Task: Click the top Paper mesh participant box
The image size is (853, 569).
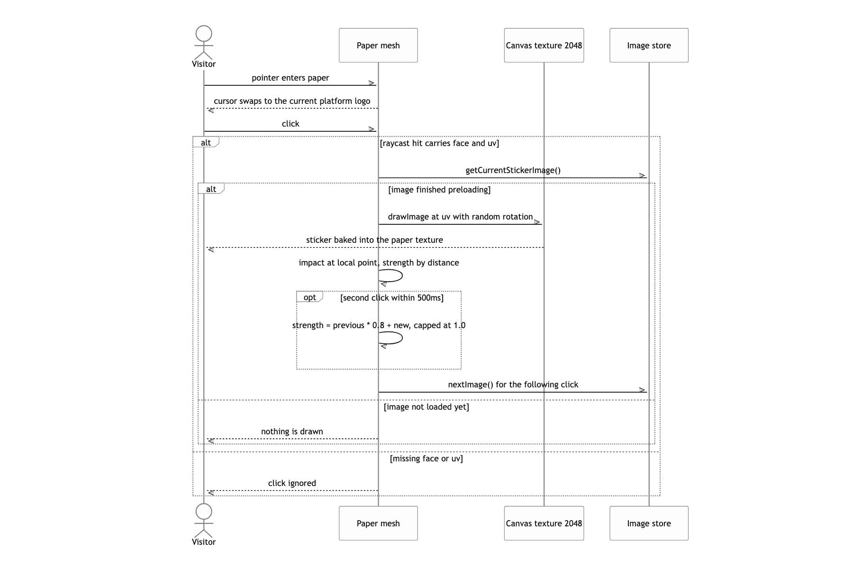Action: point(378,45)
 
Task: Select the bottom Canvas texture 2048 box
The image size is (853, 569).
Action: point(544,523)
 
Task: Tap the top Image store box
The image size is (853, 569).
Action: point(649,45)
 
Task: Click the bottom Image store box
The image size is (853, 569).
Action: point(649,523)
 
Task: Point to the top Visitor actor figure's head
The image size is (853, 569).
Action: point(204,34)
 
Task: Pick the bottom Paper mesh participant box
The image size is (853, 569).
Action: point(378,523)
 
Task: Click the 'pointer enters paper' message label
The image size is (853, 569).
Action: point(290,78)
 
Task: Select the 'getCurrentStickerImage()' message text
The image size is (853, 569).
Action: point(513,170)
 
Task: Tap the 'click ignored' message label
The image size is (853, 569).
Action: point(292,483)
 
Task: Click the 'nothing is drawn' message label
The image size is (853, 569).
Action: point(292,431)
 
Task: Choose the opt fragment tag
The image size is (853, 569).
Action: point(309,297)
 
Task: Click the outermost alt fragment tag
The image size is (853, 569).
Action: point(206,142)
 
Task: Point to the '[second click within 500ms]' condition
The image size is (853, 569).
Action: point(392,298)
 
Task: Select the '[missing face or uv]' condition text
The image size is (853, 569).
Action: point(426,459)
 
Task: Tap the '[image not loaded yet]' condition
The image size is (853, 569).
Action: point(426,407)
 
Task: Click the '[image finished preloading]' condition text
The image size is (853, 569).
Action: point(439,190)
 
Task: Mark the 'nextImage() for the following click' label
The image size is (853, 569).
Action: point(513,385)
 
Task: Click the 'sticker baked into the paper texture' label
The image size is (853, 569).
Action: point(374,240)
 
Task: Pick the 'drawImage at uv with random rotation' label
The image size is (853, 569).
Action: point(460,217)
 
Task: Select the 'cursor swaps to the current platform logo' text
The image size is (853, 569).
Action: point(292,101)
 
